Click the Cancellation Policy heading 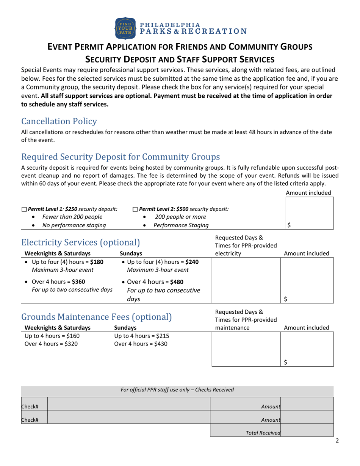[59, 121]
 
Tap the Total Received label [263, 433]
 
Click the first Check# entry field [128, 407]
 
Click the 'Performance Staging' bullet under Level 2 [181, 225]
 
